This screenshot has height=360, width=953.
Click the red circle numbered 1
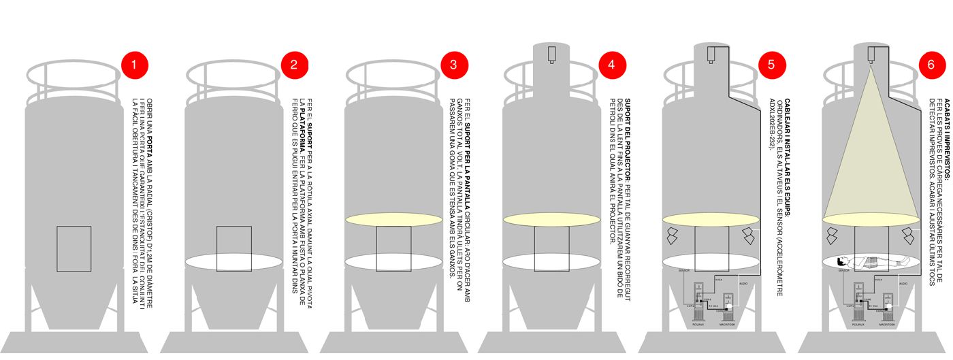click(134, 65)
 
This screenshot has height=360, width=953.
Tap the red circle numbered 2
click(294, 65)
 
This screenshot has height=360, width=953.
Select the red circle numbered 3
click(453, 65)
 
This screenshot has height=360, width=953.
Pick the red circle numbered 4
click(612, 65)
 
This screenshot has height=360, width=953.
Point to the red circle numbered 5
click(772, 65)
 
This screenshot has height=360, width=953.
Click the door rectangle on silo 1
click(74, 248)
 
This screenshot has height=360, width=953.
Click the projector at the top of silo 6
click(871, 54)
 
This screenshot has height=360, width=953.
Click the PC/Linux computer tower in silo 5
click(698, 305)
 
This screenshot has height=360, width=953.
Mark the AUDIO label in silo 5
click(743, 282)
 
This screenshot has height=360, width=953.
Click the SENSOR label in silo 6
click(844, 270)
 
